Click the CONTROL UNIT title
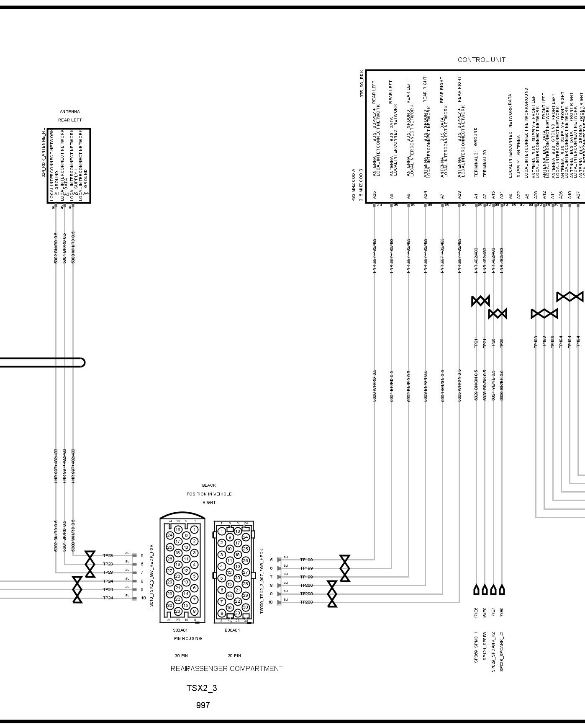click(481, 60)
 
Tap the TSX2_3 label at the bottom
click(202, 688)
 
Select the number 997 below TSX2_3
click(203, 705)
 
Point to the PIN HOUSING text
click(188, 638)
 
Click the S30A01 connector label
click(180, 630)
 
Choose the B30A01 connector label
click(232, 630)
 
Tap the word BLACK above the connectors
click(209, 485)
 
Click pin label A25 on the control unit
click(375, 195)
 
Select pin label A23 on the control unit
click(459, 195)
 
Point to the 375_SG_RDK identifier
click(362, 84)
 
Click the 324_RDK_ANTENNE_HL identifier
click(44, 152)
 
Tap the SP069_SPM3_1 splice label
click(476, 653)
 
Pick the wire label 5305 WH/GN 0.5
click(459, 385)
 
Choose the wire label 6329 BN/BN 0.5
click(476, 385)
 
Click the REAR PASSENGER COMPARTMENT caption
click(226, 668)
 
